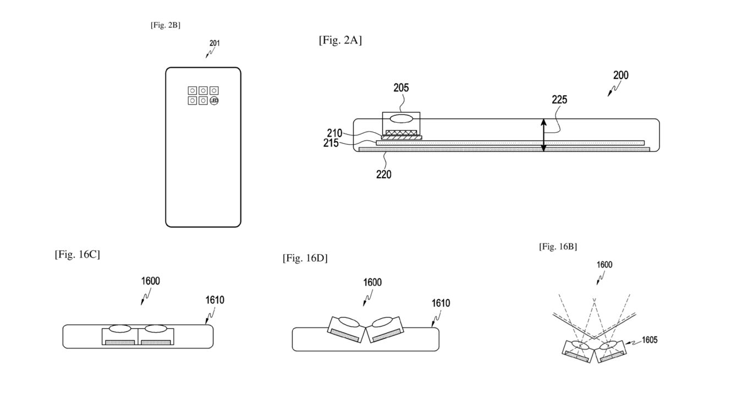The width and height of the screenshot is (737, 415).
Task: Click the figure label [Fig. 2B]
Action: click(166, 25)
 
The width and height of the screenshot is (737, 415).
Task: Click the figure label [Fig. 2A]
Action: click(340, 41)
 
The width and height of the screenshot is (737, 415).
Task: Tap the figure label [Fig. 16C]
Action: click(77, 255)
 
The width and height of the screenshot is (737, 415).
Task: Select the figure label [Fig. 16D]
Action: click(305, 258)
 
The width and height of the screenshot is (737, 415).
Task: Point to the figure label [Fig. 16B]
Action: click(558, 246)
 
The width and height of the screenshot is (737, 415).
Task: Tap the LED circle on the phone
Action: click(215, 101)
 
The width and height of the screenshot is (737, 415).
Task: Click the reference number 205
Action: click(401, 88)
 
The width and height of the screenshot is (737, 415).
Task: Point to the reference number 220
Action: click(384, 174)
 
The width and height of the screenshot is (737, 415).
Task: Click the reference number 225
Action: click(559, 100)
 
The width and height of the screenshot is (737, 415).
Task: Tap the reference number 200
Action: click(620, 75)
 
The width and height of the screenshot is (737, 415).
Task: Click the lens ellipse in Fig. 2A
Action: click(401, 119)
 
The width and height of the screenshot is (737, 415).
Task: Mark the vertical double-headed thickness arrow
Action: click(543, 135)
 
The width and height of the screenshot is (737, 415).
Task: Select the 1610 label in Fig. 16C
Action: click(215, 300)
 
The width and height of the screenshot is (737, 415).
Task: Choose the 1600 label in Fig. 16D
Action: click(372, 282)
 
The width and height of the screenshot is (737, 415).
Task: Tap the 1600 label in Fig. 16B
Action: click(604, 265)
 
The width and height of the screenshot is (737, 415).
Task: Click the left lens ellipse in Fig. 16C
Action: click(120, 329)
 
